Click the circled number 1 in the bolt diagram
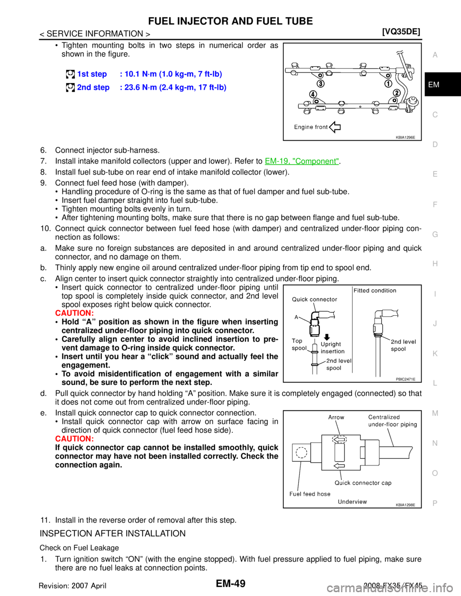[388, 84]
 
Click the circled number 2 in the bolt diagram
[396, 93]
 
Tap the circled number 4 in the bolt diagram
[313, 94]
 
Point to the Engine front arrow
[335, 127]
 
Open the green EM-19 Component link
[302, 161]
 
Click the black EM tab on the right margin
[443, 84]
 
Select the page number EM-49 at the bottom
[230, 583]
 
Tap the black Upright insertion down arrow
[327, 337]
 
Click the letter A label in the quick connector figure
[296, 317]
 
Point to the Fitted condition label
[375, 290]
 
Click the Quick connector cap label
[363, 483]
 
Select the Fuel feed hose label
[310, 494]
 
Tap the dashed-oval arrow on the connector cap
[340, 440]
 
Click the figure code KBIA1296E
[405, 137]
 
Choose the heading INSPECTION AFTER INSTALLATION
[112, 534]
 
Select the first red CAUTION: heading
[74, 313]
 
